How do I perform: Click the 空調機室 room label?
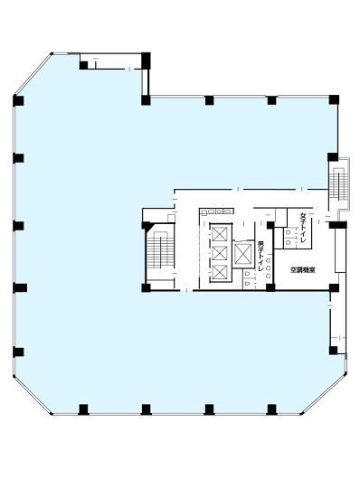pos(302,270)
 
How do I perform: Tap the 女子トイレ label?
pos(303,228)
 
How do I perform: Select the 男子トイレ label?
pos(261,256)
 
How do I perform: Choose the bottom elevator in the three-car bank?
pos(220,272)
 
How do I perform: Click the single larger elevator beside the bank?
pos(243,254)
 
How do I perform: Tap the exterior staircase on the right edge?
pos(339,183)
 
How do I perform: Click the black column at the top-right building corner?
pos(334,99)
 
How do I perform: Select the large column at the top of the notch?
pos(146,61)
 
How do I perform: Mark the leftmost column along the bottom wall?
pos(83,409)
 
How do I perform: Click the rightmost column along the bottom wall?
pos(271,409)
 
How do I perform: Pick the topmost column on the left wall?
pos(18,101)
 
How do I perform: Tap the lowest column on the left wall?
pos(18,352)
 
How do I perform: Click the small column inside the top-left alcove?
pos(83,65)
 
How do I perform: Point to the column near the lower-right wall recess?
pos(333,351)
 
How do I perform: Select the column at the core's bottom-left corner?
pos(146,288)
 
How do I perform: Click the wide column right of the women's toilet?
pos(337,225)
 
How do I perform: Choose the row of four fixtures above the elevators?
pos(216,211)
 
